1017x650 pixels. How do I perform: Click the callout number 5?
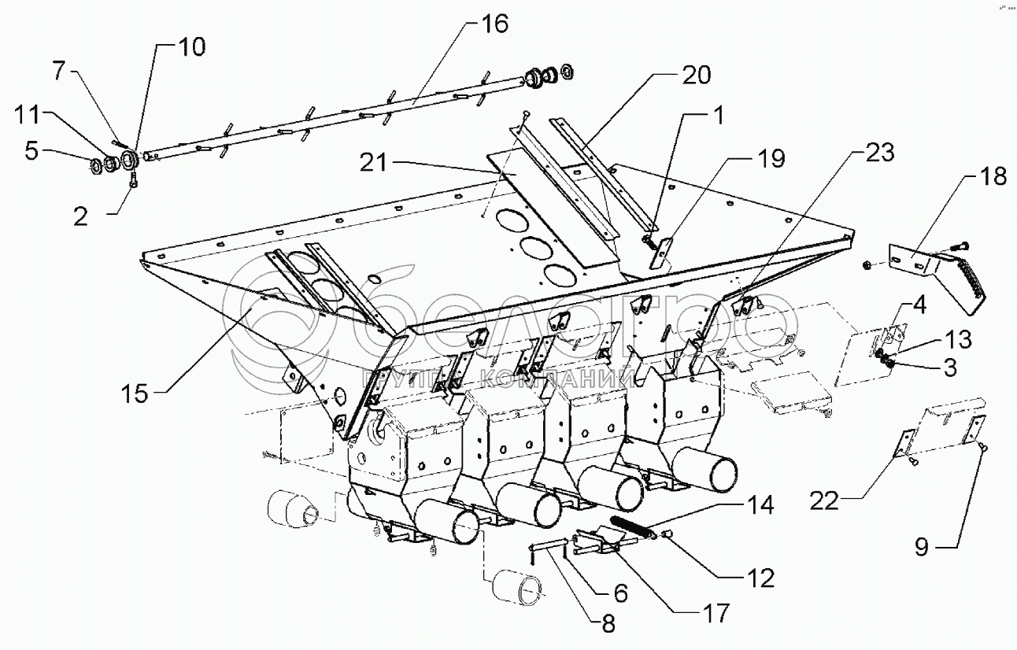point(31,150)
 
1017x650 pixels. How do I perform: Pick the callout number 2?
point(80,216)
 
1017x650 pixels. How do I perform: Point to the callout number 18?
point(994,176)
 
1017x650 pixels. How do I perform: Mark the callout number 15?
point(135,393)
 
